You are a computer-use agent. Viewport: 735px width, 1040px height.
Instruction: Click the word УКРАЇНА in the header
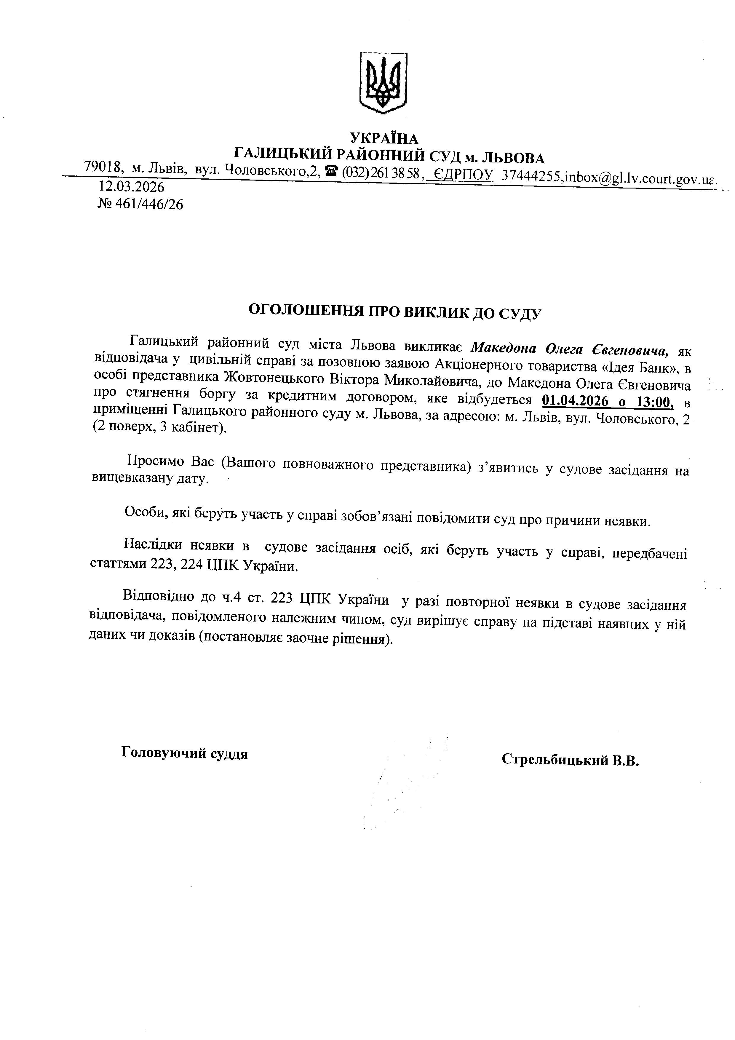(x=384, y=138)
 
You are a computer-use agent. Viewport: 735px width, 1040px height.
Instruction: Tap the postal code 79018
(x=104, y=167)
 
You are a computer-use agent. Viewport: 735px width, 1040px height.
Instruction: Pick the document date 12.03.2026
(x=131, y=187)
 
